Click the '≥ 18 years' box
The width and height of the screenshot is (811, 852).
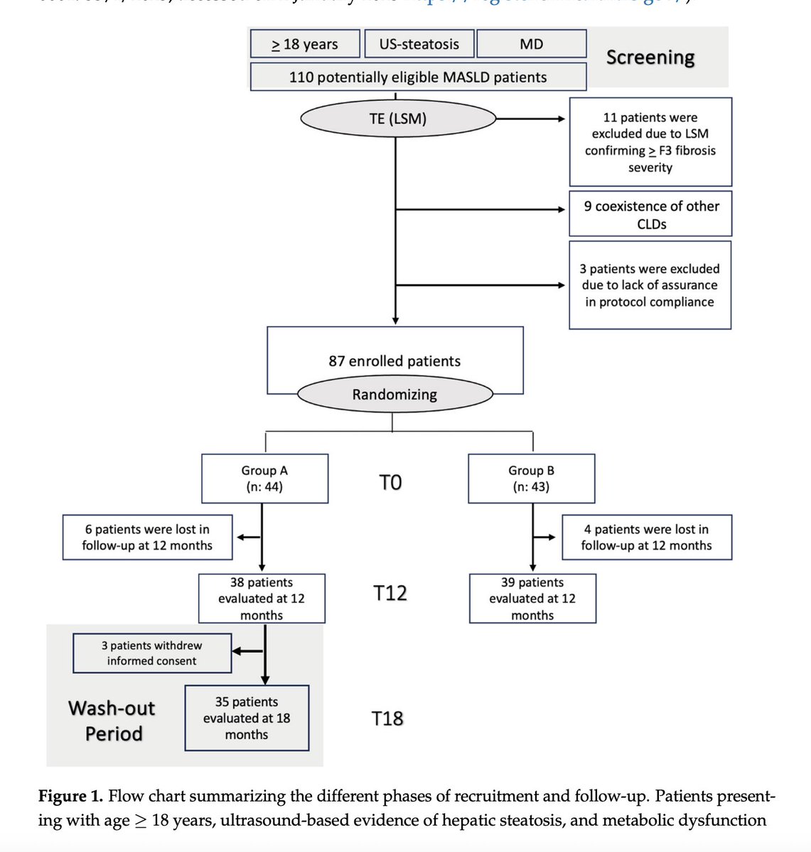tap(305, 44)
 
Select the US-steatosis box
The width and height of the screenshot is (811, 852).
tap(419, 44)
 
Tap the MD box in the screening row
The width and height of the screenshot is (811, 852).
tap(531, 44)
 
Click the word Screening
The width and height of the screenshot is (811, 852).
tap(650, 58)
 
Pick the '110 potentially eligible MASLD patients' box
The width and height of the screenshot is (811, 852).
tap(418, 77)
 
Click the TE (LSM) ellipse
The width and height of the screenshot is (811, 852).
tap(398, 119)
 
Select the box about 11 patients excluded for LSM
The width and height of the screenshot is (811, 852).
tap(650, 142)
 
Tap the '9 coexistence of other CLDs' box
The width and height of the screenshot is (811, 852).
tap(650, 214)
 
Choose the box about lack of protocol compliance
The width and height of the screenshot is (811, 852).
tap(650, 285)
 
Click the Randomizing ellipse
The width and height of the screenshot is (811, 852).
tap(394, 394)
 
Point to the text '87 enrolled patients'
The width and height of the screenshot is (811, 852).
tap(394, 361)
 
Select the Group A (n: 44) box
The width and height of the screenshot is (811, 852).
tap(264, 479)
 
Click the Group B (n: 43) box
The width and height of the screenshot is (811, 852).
tap(531, 479)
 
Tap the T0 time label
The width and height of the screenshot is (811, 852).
tap(390, 483)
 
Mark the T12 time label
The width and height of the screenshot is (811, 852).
tap(390, 593)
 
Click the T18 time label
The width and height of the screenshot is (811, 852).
tap(387, 719)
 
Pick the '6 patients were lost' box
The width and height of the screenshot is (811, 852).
tap(147, 537)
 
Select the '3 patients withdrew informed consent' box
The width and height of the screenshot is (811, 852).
tap(151, 653)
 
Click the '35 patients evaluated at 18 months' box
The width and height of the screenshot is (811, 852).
tap(247, 718)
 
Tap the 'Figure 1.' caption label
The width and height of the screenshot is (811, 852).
tap(70, 796)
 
